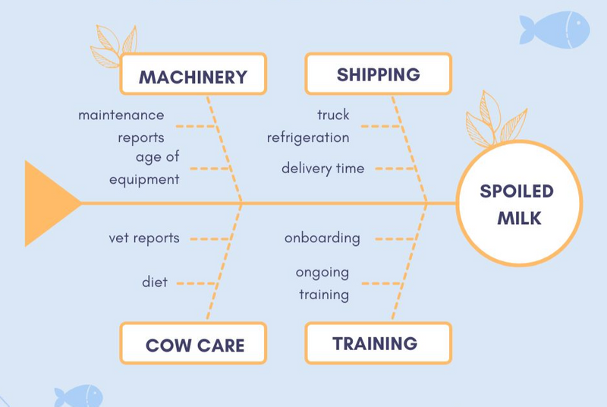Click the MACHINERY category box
193,74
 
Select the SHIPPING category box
378,74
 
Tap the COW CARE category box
193,343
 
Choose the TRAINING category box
378,343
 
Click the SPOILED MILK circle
519,203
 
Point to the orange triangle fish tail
49,204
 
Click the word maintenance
121,115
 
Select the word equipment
144,180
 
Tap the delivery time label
323,169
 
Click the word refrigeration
308,137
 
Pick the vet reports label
144,238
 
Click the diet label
155,282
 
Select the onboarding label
322,238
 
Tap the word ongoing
322,273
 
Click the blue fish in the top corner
555,30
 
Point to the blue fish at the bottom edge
79,396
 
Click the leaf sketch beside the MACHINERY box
113,46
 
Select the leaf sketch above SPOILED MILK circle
495,119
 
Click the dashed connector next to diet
197,283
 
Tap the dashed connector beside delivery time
395,169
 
